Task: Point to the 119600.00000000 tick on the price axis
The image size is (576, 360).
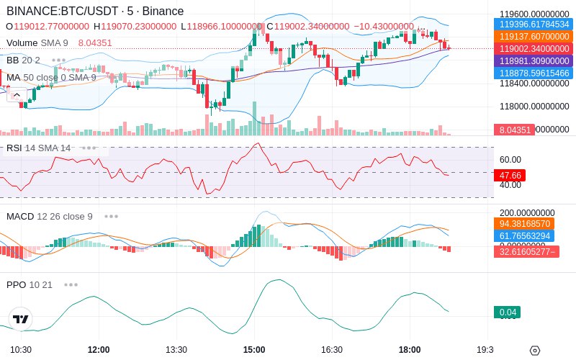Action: [x=534, y=14]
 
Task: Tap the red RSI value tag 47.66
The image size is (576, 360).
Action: [x=510, y=175]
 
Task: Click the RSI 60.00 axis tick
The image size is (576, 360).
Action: [x=510, y=160]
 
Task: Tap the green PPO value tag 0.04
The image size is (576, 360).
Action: [x=507, y=312]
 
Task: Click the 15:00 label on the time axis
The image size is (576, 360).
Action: [x=254, y=350]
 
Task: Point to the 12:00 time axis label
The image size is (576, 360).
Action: [x=99, y=350]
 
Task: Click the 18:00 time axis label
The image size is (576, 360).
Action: [x=410, y=350]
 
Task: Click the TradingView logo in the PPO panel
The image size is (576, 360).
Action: [x=21, y=318]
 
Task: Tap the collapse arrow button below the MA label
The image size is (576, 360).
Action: [x=17, y=94]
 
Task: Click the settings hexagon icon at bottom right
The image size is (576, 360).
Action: [x=534, y=351]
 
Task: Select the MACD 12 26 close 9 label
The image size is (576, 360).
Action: [x=49, y=216]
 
